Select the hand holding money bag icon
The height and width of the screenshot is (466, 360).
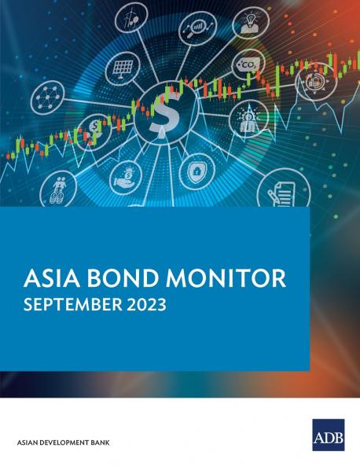(x=126, y=178)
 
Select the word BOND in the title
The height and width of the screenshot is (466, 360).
(x=120, y=279)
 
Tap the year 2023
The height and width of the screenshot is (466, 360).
(x=146, y=305)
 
